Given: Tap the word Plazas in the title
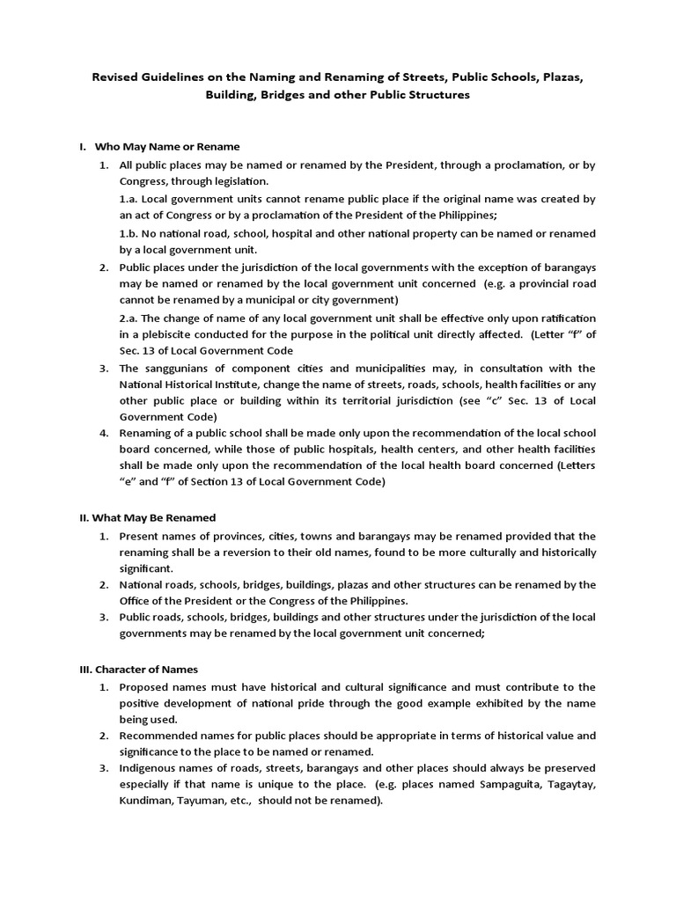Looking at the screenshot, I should pyautogui.click(x=559, y=77).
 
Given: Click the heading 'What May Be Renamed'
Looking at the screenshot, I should pyautogui.click(x=154, y=517).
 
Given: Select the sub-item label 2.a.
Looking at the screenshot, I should pyautogui.click(x=129, y=317).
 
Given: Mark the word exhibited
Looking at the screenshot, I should pyautogui.click(x=497, y=703).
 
